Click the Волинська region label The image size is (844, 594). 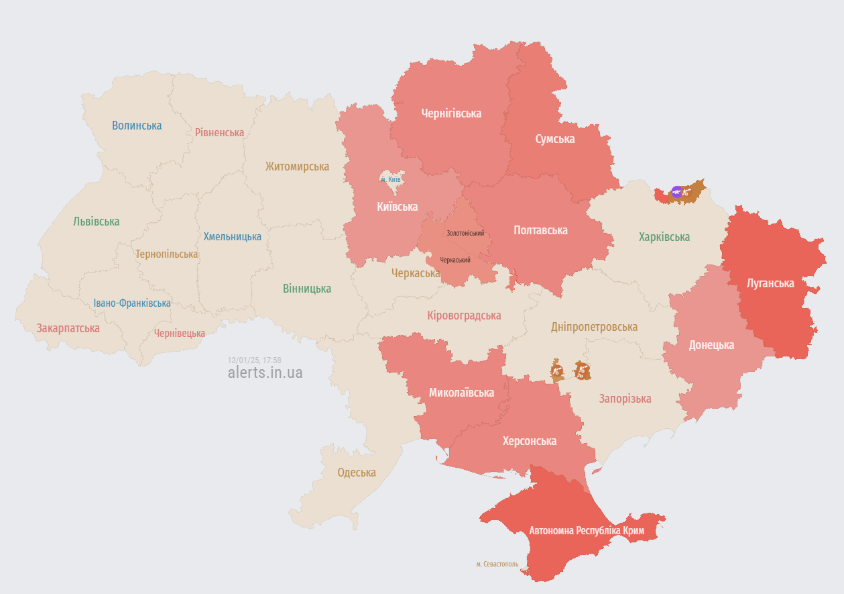[x=137, y=126]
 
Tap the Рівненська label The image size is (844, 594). [x=219, y=132]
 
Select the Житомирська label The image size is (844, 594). [x=297, y=166]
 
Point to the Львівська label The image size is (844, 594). [x=97, y=221]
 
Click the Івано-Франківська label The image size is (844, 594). [x=132, y=303]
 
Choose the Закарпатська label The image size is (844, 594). [x=68, y=328]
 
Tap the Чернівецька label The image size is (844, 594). [x=180, y=333]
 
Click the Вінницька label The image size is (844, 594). [x=307, y=289]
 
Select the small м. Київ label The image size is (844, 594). [x=390, y=179]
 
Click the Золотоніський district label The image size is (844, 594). [x=465, y=233]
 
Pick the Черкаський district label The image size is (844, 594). [x=455, y=260]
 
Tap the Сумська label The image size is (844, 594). [x=555, y=139]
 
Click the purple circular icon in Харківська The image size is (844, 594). [x=676, y=192]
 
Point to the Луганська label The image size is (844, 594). [x=770, y=283]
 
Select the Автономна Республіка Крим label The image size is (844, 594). [x=587, y=530]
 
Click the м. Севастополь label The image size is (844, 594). [x=497, y=564]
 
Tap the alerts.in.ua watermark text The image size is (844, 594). [x=265, y=373]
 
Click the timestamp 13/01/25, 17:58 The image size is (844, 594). [x=254, y=360]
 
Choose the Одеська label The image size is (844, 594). [x=357, y=473]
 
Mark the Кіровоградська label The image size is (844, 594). [x=464, y=315]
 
